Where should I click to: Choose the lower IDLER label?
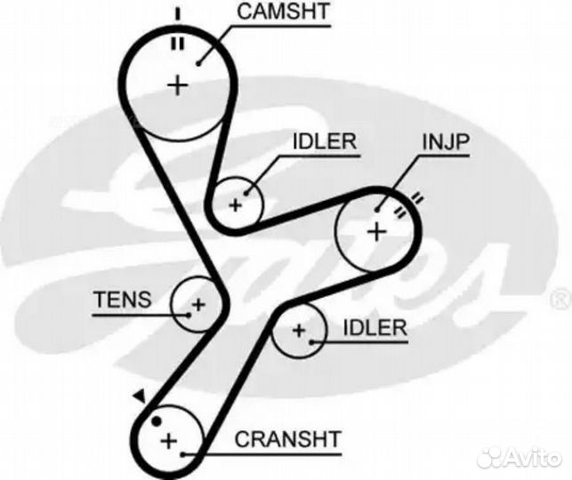point(375,327)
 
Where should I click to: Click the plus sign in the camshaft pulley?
point(178,85)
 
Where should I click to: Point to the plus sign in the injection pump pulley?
point(376,232)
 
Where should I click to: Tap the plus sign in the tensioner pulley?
point(197,304)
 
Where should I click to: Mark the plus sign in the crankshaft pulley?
point(169,439)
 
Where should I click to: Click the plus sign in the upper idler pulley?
point(236,204)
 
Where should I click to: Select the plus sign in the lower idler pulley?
point(299,331)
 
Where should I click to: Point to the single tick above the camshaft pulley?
point(176,12)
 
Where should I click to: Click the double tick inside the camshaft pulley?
point(176,41)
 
